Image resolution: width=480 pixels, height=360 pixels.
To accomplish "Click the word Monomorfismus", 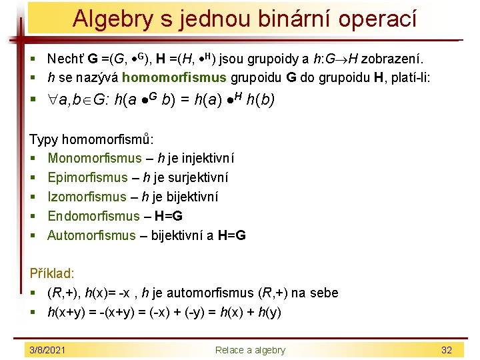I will click(95, 158).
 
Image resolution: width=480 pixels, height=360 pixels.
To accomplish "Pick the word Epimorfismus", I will click(87, 177).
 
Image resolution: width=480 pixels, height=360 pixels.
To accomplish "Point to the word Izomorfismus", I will click(87, 197).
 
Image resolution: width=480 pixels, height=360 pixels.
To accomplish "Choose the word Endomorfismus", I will click(93, 216).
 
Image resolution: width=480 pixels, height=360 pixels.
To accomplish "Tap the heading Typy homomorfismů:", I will click(91, 139).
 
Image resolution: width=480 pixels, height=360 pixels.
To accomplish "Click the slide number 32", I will click(447, 350).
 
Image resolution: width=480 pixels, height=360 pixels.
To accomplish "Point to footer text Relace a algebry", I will click(250, 350).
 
